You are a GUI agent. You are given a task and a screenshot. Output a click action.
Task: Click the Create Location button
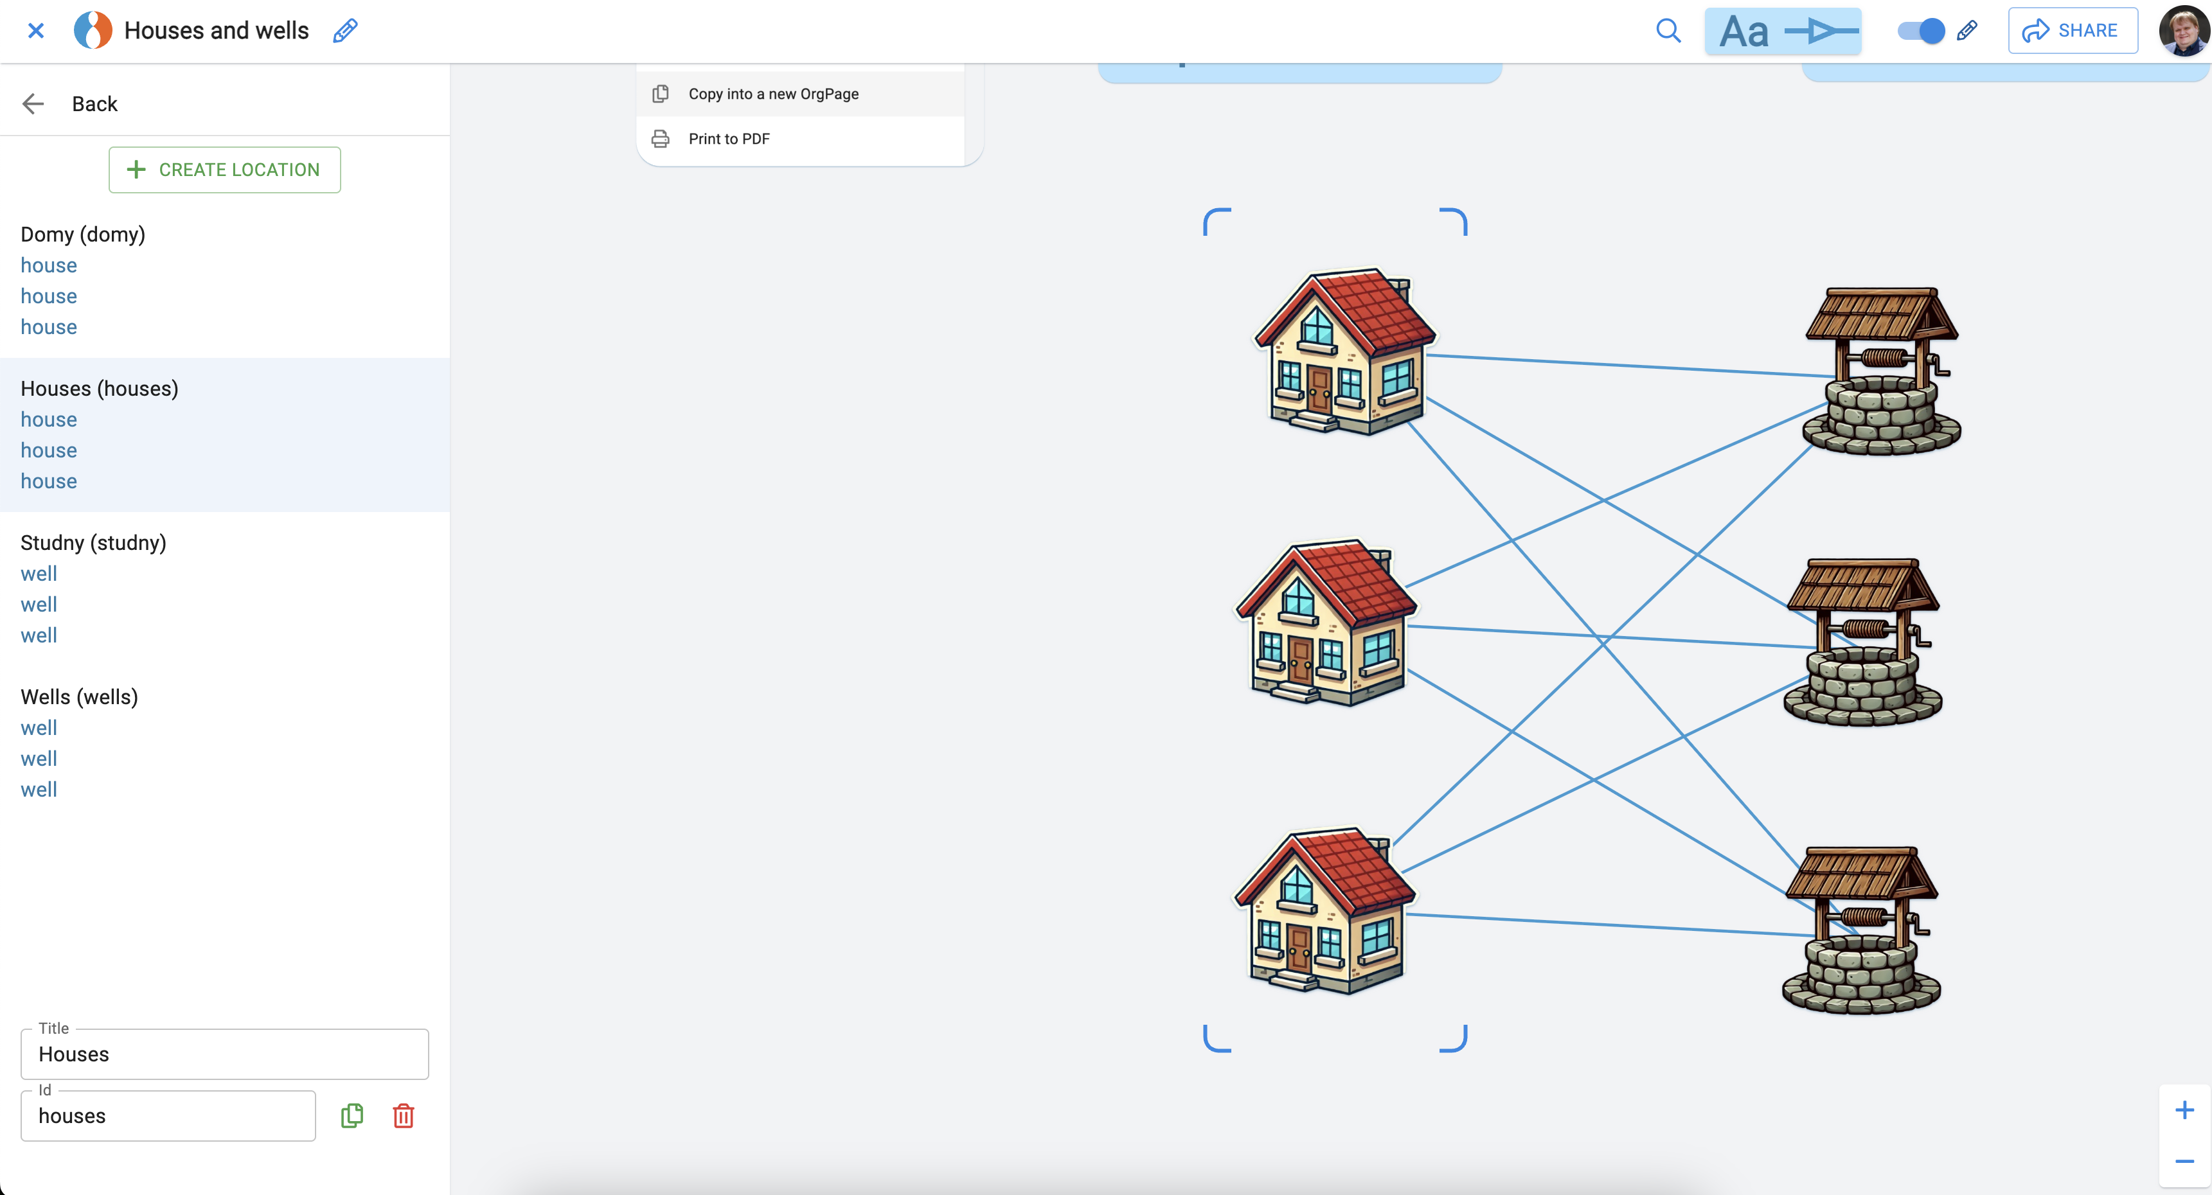224,170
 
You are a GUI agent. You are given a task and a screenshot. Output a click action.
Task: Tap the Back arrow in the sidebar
33,104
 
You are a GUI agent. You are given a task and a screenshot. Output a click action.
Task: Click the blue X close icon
36,31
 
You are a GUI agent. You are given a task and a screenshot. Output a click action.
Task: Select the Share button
2072,31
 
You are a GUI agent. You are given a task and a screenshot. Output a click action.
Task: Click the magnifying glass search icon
1668,31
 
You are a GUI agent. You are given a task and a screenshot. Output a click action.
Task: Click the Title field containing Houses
224,1054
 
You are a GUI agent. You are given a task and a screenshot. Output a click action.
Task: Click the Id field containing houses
168,1116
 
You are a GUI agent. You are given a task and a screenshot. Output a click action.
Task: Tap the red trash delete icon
404,1116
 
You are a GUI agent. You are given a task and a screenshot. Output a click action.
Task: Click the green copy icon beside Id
352,1116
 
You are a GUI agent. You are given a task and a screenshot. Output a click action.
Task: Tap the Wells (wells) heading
79,697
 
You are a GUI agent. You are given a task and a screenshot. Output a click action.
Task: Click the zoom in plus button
2184,1111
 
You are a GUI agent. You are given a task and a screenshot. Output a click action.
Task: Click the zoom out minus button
2184,1162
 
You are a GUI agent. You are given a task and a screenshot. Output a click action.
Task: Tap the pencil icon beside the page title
345,31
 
